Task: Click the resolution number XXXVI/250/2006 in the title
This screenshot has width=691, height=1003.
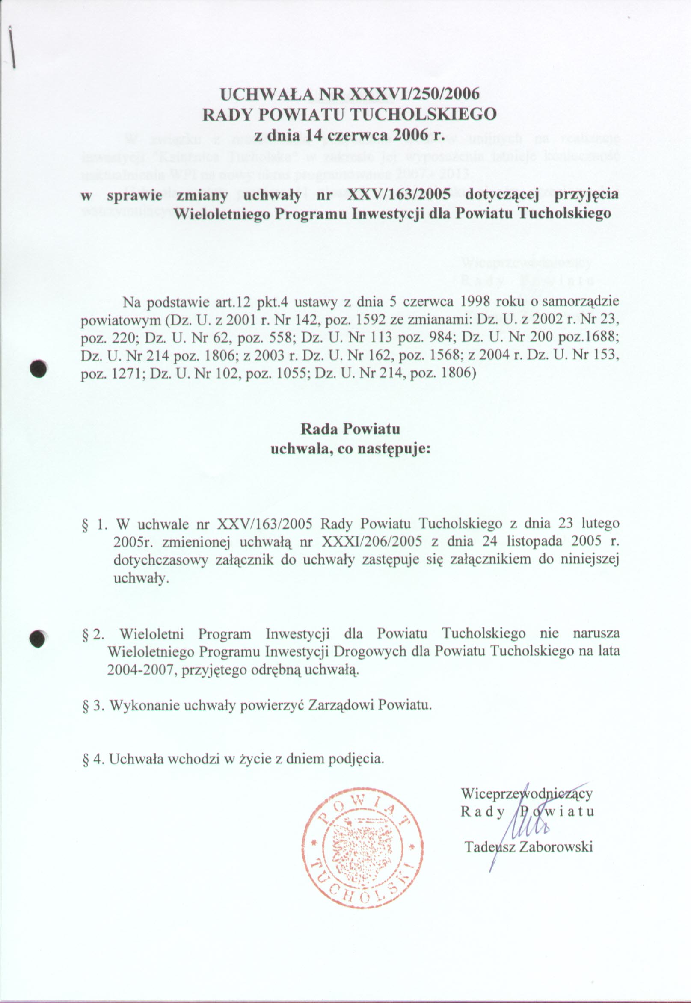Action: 415,94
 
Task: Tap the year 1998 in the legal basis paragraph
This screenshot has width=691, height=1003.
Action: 477,302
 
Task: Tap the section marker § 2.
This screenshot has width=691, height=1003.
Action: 93,634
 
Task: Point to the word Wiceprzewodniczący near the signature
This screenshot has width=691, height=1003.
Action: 526,793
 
